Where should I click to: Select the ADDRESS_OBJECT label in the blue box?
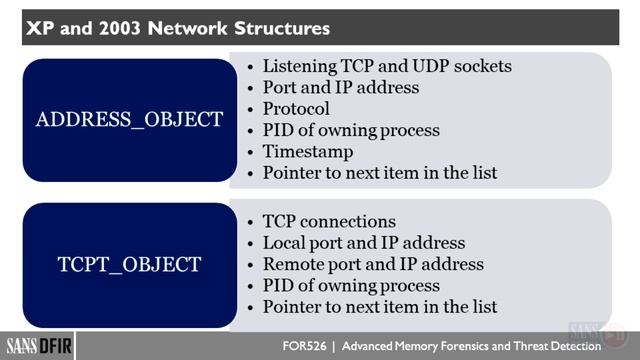[x=129, y=120]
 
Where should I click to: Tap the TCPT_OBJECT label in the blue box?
[x=129, y=264]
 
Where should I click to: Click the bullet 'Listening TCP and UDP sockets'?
[x=387, y=66]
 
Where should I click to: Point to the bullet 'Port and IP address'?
[x=340, y=87]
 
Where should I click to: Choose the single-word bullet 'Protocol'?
[x=296, y=108]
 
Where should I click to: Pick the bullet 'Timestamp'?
[x=308, y=151]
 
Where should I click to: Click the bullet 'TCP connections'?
[x=329, y=221]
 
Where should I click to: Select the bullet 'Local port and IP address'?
[x=363, y=243]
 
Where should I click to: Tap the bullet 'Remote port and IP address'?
[x=373, y=264]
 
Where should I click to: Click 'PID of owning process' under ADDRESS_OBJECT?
[x=351, y=130]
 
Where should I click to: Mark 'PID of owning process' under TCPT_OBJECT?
[x=351, y=286]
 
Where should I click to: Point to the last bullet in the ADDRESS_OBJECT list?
[x=379, y=173]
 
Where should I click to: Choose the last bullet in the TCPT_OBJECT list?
[x=379, y=307]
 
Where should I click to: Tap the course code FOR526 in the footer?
[x=306, y=346]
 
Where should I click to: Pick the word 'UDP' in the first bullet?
[x=437, y=66]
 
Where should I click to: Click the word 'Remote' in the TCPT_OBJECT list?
[x=291, y=264]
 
